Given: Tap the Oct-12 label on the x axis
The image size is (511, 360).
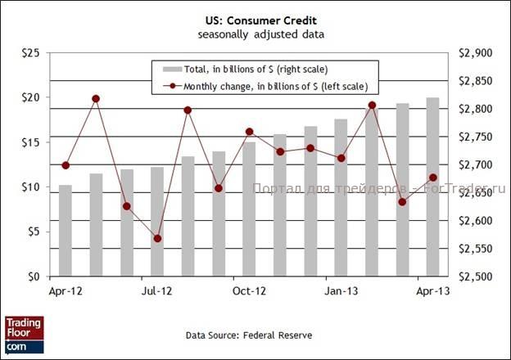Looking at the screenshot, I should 249,290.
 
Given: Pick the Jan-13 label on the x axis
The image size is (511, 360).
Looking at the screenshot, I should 341,290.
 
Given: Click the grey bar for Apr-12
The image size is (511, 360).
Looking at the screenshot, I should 66,231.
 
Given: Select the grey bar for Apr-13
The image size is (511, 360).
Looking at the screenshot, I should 432,187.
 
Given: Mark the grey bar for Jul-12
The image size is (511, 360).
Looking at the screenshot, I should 157,222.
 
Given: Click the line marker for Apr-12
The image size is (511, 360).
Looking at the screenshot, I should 66,165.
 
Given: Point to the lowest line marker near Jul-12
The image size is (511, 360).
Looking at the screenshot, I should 157,239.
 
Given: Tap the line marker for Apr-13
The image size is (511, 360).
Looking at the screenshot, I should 432,178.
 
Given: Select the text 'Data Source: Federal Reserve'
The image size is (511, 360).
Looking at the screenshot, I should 249,335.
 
